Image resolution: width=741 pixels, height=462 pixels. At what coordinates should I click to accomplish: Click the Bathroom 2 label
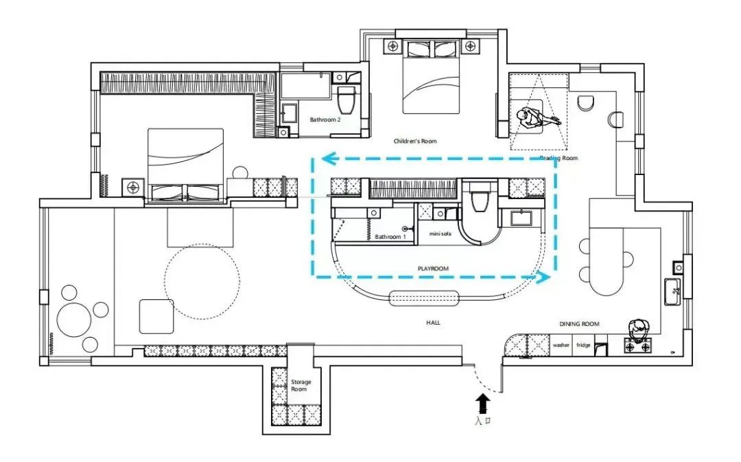pyautogui.click(x=325, y=119)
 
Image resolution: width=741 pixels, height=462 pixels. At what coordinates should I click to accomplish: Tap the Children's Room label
pyautogui.click(x=415, y=141)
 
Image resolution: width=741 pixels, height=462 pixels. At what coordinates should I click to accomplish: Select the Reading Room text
pyautogui.click(x=558, y=158)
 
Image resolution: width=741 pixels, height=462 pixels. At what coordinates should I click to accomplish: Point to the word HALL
pyautogui.click(x=433, y=323)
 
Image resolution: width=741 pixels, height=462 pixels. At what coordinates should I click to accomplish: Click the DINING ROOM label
pyautogui.click(x=579, y=324)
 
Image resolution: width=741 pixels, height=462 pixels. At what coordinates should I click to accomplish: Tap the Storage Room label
pyautogui.click(x=301, y=386)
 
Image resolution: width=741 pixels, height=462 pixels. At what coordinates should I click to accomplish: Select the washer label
pyautogui.click(x=561, y=345)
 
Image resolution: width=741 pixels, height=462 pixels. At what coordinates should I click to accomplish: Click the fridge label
pyautogui.click(x=583, y=345)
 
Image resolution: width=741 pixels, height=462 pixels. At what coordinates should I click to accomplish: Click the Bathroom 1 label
pyautogui.click(x=390, y=237)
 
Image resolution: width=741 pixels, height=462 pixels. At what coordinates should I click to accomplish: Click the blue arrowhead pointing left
pyautogui.click(x=329, y=159)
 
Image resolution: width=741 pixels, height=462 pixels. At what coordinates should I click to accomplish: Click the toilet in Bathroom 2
pyautogui.click(x=346, y=100)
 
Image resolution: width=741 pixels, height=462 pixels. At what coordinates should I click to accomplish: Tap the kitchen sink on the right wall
pyautogui.click(x=673, y=292)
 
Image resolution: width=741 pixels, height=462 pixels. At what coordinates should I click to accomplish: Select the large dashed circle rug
pyautogui.click(x=202, y=281)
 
